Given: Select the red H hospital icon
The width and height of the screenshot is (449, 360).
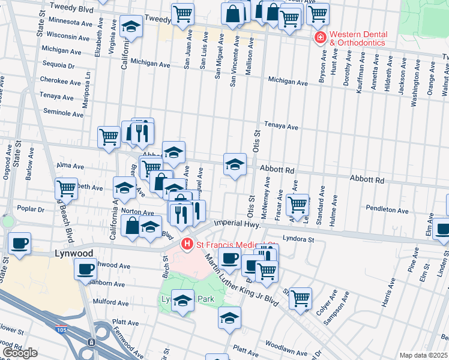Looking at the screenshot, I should [187, 244].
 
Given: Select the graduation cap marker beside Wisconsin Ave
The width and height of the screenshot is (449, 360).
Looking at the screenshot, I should [130, 26].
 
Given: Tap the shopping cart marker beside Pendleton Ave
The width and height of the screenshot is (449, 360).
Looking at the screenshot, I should [297, 204].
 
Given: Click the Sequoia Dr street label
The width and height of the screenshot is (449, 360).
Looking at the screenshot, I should [59, 65].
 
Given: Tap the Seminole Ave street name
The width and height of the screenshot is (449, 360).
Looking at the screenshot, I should [63, 113].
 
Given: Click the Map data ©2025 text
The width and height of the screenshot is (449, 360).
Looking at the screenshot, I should [424, 355].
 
